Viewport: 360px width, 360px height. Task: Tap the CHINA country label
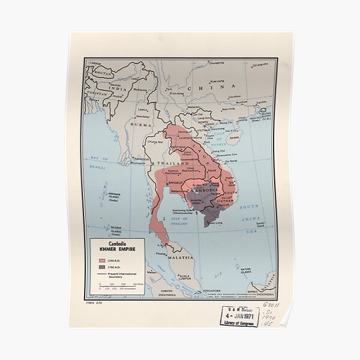[205, 88]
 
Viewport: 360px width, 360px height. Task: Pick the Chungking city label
[216, 62]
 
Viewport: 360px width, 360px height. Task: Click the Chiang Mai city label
[155, 142]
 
